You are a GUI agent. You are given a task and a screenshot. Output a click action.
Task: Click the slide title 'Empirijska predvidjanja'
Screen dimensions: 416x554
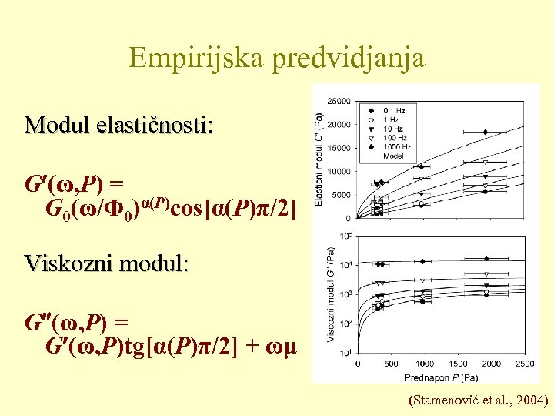click(277, 58)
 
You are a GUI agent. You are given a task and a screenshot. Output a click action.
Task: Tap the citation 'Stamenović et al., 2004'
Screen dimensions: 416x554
click(480, 400)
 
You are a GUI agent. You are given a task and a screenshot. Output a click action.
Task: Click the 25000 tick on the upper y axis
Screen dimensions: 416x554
click(339, 101)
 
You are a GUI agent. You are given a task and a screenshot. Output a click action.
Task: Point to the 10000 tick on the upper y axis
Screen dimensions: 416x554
click(339, 171)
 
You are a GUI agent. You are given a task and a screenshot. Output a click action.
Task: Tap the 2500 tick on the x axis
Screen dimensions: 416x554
click(525, 363)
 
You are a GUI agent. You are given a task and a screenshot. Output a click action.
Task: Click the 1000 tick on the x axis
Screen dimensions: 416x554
click(424, 363)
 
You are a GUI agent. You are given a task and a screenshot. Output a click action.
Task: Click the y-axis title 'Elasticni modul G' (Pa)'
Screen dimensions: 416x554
click(319, 159)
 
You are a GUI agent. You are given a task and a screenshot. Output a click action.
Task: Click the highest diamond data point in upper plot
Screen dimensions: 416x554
click(486, 132)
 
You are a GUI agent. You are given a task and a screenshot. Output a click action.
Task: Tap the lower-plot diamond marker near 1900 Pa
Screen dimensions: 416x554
click(486, 258)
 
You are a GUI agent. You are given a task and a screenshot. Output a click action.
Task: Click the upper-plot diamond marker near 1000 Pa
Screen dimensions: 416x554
click(421, 166)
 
